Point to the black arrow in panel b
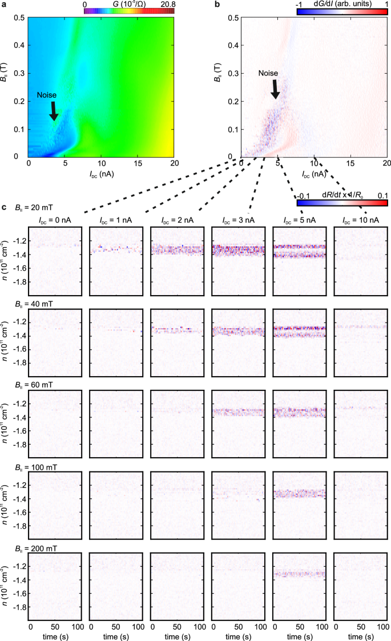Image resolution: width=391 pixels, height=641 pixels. point(276,88)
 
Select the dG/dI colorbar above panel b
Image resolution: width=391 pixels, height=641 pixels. point(342,11)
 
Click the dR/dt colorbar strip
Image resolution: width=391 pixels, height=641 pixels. point(342,201)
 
